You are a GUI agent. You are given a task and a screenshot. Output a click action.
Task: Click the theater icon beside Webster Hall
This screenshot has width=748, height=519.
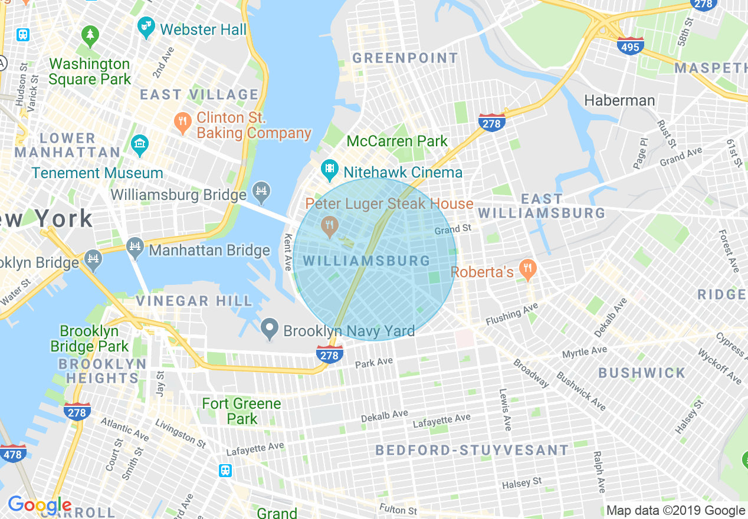(x=145, y=27)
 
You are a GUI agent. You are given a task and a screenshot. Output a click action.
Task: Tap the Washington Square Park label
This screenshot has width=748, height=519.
(x=90, y=71)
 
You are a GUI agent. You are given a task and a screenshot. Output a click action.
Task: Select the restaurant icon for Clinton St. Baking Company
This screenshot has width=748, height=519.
(x=183, y=123)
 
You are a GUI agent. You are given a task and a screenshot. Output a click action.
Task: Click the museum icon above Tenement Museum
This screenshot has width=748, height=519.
(x=140, y=144)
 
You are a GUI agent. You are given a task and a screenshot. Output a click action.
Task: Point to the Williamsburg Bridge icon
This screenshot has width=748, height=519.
(x=261, y=190)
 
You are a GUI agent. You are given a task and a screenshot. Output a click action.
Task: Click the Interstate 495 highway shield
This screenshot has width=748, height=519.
(x=631, y=45)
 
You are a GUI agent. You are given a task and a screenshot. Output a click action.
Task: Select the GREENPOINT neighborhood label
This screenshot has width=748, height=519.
(x=405, y=58)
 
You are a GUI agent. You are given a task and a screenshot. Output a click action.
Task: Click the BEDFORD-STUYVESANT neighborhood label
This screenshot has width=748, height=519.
(x=472, y=451)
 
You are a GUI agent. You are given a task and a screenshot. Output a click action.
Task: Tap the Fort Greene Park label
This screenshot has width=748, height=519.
(x=242, y=411)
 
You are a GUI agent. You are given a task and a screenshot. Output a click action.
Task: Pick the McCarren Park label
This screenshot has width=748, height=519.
(x=397, y=142)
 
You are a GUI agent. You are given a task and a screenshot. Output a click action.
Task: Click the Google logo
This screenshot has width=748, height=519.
(x=39, y=505)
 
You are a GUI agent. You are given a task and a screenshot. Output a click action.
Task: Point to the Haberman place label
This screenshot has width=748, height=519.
(x=619, y=100)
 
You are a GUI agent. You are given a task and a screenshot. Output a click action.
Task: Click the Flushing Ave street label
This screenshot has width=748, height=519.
(x=512, y=314)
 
